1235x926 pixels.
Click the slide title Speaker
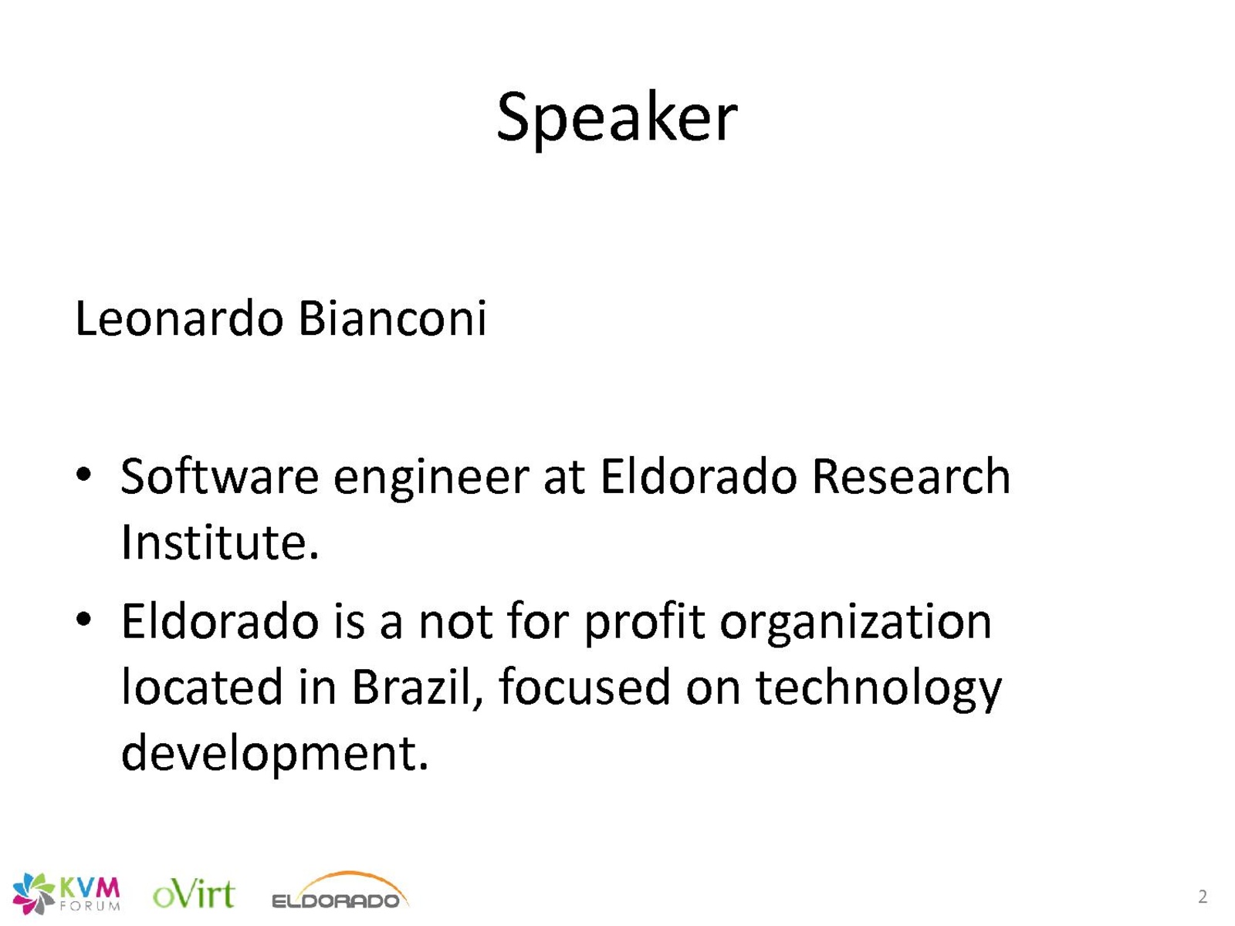617,119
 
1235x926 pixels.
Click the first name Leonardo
179,318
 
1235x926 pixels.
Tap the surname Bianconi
391,318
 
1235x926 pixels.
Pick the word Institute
220,542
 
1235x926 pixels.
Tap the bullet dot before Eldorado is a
83,620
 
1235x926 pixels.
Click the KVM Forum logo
66,893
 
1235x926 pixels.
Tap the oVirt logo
194,894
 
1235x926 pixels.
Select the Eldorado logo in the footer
340,891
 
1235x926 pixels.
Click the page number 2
1203,896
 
